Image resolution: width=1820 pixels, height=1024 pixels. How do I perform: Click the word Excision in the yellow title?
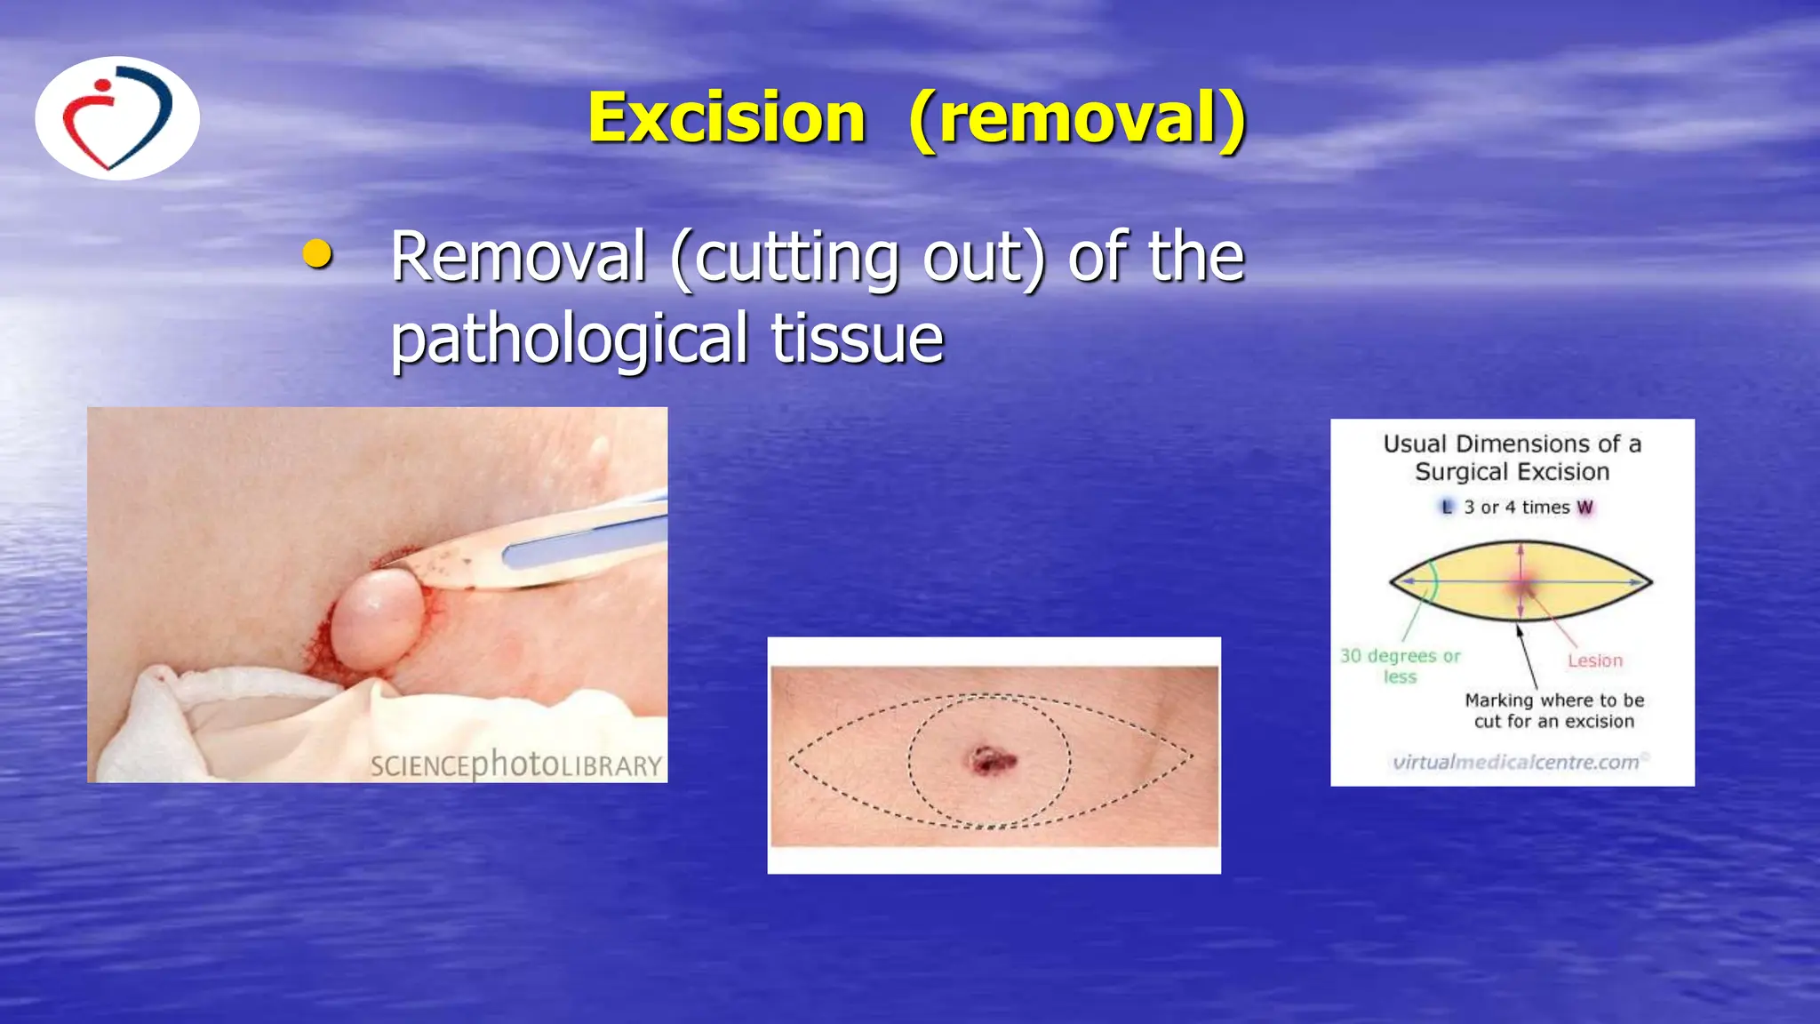(x=726, y=118)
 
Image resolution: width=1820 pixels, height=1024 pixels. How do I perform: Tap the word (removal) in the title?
(x=1077, y=118)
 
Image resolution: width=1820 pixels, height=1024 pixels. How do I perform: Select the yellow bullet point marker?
(x=317, y=254)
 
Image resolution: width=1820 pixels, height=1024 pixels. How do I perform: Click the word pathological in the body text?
(x=569, y=339)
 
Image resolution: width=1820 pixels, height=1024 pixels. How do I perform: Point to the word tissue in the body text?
(x=857, y=339)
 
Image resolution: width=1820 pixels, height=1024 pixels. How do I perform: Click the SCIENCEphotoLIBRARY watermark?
(x=516, y=764)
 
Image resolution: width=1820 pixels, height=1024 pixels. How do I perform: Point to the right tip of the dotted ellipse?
(x=1191, y=757)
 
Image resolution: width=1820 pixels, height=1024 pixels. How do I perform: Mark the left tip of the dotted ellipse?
(x=790, y=758)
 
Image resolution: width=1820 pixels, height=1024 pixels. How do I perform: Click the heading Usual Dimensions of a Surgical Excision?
(x=1512, y=457)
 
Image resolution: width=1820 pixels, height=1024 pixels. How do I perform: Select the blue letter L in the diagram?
(x=1446, y=507)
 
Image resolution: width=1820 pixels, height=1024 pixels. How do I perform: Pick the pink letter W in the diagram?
(x=1585, y=508)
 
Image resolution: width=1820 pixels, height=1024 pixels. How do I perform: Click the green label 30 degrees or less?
(x=1400, y=666)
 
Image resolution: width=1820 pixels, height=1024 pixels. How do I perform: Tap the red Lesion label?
(x=1594, y=660)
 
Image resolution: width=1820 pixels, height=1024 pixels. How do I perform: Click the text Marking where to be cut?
(x=1554, y=710)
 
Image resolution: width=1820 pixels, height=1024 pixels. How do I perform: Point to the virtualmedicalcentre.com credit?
(x=1516, y=762)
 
